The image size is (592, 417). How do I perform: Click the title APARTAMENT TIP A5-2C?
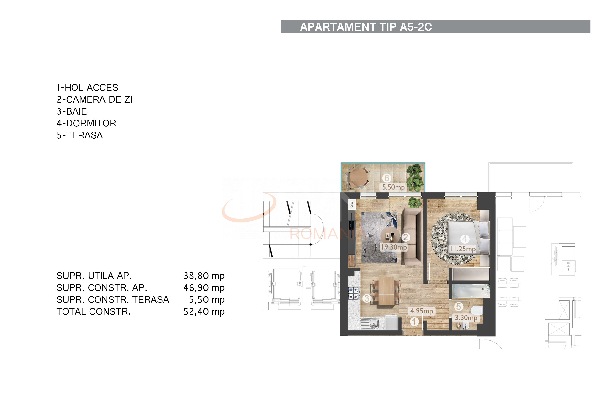(x=366, y=27)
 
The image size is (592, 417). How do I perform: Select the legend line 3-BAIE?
(x=72, y=111)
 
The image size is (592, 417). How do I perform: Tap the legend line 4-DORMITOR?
(x=86, y=123)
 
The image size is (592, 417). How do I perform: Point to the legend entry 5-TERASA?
(x=80, y=135)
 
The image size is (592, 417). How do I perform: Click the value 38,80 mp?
(x=204, y=276)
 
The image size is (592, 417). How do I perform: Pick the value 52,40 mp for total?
(x=204, y=312)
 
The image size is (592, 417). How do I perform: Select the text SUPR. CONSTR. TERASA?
(x=113, y=300)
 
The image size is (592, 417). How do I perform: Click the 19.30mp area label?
(x=394, y=247)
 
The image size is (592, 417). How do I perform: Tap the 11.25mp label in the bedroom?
(x=463, y=249)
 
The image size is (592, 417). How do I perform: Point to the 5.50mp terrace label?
(x=393, y=187)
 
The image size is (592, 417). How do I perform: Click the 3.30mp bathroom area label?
(x=466, y=318)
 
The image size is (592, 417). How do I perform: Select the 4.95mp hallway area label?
(x=422, y=311)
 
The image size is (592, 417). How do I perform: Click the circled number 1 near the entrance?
(x=414, y=322)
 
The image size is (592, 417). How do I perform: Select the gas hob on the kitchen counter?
(x=354, y=293)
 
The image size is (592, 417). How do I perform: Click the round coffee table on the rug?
(x=390, y=235)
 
